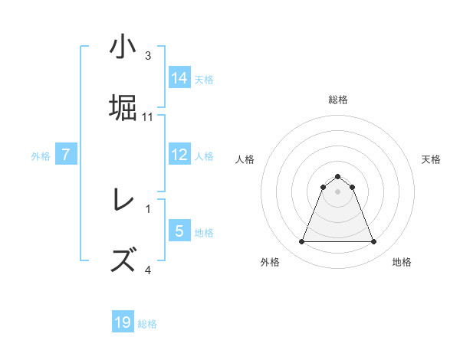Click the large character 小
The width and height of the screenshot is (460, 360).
(123, 47)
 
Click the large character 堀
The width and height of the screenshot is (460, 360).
(123, 107)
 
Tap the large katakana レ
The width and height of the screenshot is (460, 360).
(123, 200)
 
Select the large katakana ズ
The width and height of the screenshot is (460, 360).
(123, 260)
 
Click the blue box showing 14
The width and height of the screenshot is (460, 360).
(179, 77)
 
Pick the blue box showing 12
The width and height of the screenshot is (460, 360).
(179, 155)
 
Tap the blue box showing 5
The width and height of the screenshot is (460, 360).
(179, 231)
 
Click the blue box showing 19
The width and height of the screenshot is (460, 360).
(123, 322)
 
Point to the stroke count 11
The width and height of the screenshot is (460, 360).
(148, 116)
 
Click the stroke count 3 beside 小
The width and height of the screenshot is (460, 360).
(148, 55)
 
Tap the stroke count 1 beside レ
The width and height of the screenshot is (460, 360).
(148, 208)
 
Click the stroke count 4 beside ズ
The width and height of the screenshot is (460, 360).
(148, 269)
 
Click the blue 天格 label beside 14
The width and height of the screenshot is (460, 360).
(204, 79)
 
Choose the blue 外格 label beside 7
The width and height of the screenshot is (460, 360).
(41, 156)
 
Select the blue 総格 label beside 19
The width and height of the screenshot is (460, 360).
(147, 324)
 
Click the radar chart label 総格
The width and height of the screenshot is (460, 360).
(338, 100)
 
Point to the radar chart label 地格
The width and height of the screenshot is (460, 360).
(402, 262)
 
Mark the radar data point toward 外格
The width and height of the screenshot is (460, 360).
(301, 242)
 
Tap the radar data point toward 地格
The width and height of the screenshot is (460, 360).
(374, 242)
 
